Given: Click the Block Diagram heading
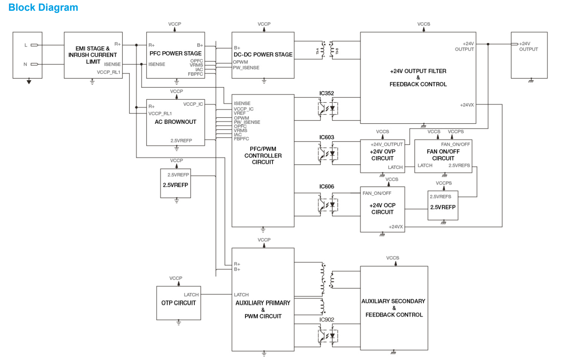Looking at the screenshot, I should click(43, 7).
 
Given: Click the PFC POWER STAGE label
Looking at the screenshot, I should click(175, 53).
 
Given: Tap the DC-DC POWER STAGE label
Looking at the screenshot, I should click(263, 55).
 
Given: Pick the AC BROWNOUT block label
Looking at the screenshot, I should click(175, 122).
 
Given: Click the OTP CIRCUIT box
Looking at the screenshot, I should click(178, 303).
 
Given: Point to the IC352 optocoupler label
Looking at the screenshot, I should click(327, 93).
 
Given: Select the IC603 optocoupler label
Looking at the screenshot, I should click(327, 137).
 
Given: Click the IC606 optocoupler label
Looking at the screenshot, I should click(327, 187).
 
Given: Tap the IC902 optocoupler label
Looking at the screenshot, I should click(327, 320).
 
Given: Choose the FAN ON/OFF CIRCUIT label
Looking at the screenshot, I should click(443, 155).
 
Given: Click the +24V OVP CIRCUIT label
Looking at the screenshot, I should click(382, 155).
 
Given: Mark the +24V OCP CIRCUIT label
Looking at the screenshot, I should click(382, 209).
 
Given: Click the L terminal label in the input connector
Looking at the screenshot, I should click(26, 45).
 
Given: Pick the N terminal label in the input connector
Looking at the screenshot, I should click(25, 65).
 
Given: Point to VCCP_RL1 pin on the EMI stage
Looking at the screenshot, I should click(109, 72).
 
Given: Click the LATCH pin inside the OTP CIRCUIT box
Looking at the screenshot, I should click(191, 295).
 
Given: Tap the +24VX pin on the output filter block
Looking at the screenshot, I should click(467, 105).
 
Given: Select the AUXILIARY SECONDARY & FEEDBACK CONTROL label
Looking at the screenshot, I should click(393, 308).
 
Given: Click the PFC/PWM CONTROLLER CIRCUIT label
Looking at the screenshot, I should click(263, 155).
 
